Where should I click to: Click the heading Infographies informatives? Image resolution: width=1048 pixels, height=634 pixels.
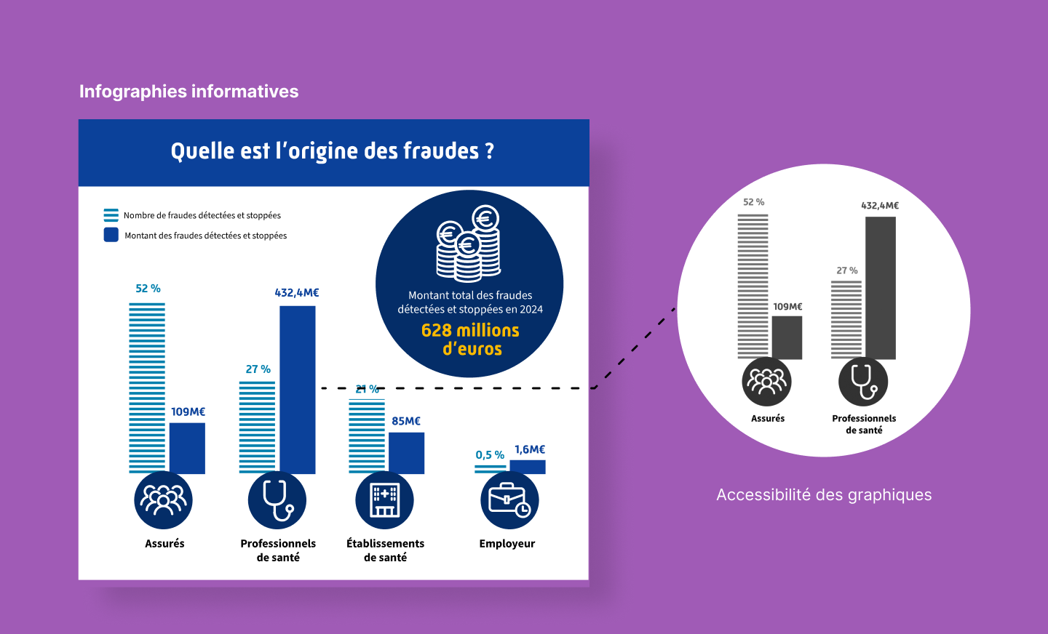coord(188,92)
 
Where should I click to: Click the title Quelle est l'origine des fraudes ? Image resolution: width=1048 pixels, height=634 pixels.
coord(332,151)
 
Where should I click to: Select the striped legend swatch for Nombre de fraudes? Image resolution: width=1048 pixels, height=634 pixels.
coord(111,215)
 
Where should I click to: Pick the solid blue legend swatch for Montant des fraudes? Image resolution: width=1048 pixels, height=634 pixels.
coord(111,235)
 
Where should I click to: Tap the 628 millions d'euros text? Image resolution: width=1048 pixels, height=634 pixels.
coord(470,340)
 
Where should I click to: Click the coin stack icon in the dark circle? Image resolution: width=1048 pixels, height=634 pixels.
coord(469,244)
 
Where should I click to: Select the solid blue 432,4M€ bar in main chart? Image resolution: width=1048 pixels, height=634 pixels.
coord(298,390)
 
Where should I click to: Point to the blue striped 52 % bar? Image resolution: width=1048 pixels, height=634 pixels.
coord(147,388)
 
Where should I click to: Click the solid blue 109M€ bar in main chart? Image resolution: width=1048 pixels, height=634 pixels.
coord(187,449)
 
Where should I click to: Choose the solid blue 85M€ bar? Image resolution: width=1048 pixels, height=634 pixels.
coord(407,453)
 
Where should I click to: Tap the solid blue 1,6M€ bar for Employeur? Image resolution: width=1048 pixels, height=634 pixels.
coord(528,467)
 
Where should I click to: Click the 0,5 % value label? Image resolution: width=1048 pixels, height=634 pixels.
coord(490,455)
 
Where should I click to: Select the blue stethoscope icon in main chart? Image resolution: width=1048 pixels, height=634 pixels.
coord(277,500)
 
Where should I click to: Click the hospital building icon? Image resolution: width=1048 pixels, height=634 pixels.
coord(384,500)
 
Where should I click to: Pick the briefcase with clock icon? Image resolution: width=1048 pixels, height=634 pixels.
coord(509,500)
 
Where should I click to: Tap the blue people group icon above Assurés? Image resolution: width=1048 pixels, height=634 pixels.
coord(163,500)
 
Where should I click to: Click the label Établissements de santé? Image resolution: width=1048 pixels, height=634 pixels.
coord(385,550)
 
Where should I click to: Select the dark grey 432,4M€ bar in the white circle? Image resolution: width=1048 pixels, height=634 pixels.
coord(881,288)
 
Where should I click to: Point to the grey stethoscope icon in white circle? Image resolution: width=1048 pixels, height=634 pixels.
coord(863,382)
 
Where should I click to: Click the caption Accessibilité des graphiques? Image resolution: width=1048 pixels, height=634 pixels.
coord(824,494)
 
